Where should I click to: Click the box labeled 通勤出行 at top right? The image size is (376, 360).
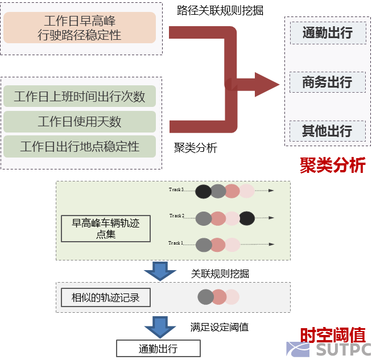click(x=327, y=33)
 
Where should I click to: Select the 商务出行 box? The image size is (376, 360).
click(x=327, y=82)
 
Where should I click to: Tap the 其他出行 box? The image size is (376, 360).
click(x=327, y=131)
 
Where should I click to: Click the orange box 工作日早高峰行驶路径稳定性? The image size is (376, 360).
click(x=80, y=28)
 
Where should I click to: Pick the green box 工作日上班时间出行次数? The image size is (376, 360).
click(x=80, y=96)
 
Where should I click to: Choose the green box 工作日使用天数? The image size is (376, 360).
click(x=80, y=122)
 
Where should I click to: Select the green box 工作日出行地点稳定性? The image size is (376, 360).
click(x=80, y=146)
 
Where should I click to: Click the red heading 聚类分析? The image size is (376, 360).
click(x=332, y=165)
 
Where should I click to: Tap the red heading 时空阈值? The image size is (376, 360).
click(x=332, y=334)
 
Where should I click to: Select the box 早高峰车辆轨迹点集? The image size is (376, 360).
click(x=106, y=228)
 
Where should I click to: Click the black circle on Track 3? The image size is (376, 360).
click(x=203, y=192)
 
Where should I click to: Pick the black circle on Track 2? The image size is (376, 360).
click(x=247, y=218)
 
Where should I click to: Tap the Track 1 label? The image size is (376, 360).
click(x=175, y=243)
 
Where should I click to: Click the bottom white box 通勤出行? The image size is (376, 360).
click(x=158, y=349)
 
